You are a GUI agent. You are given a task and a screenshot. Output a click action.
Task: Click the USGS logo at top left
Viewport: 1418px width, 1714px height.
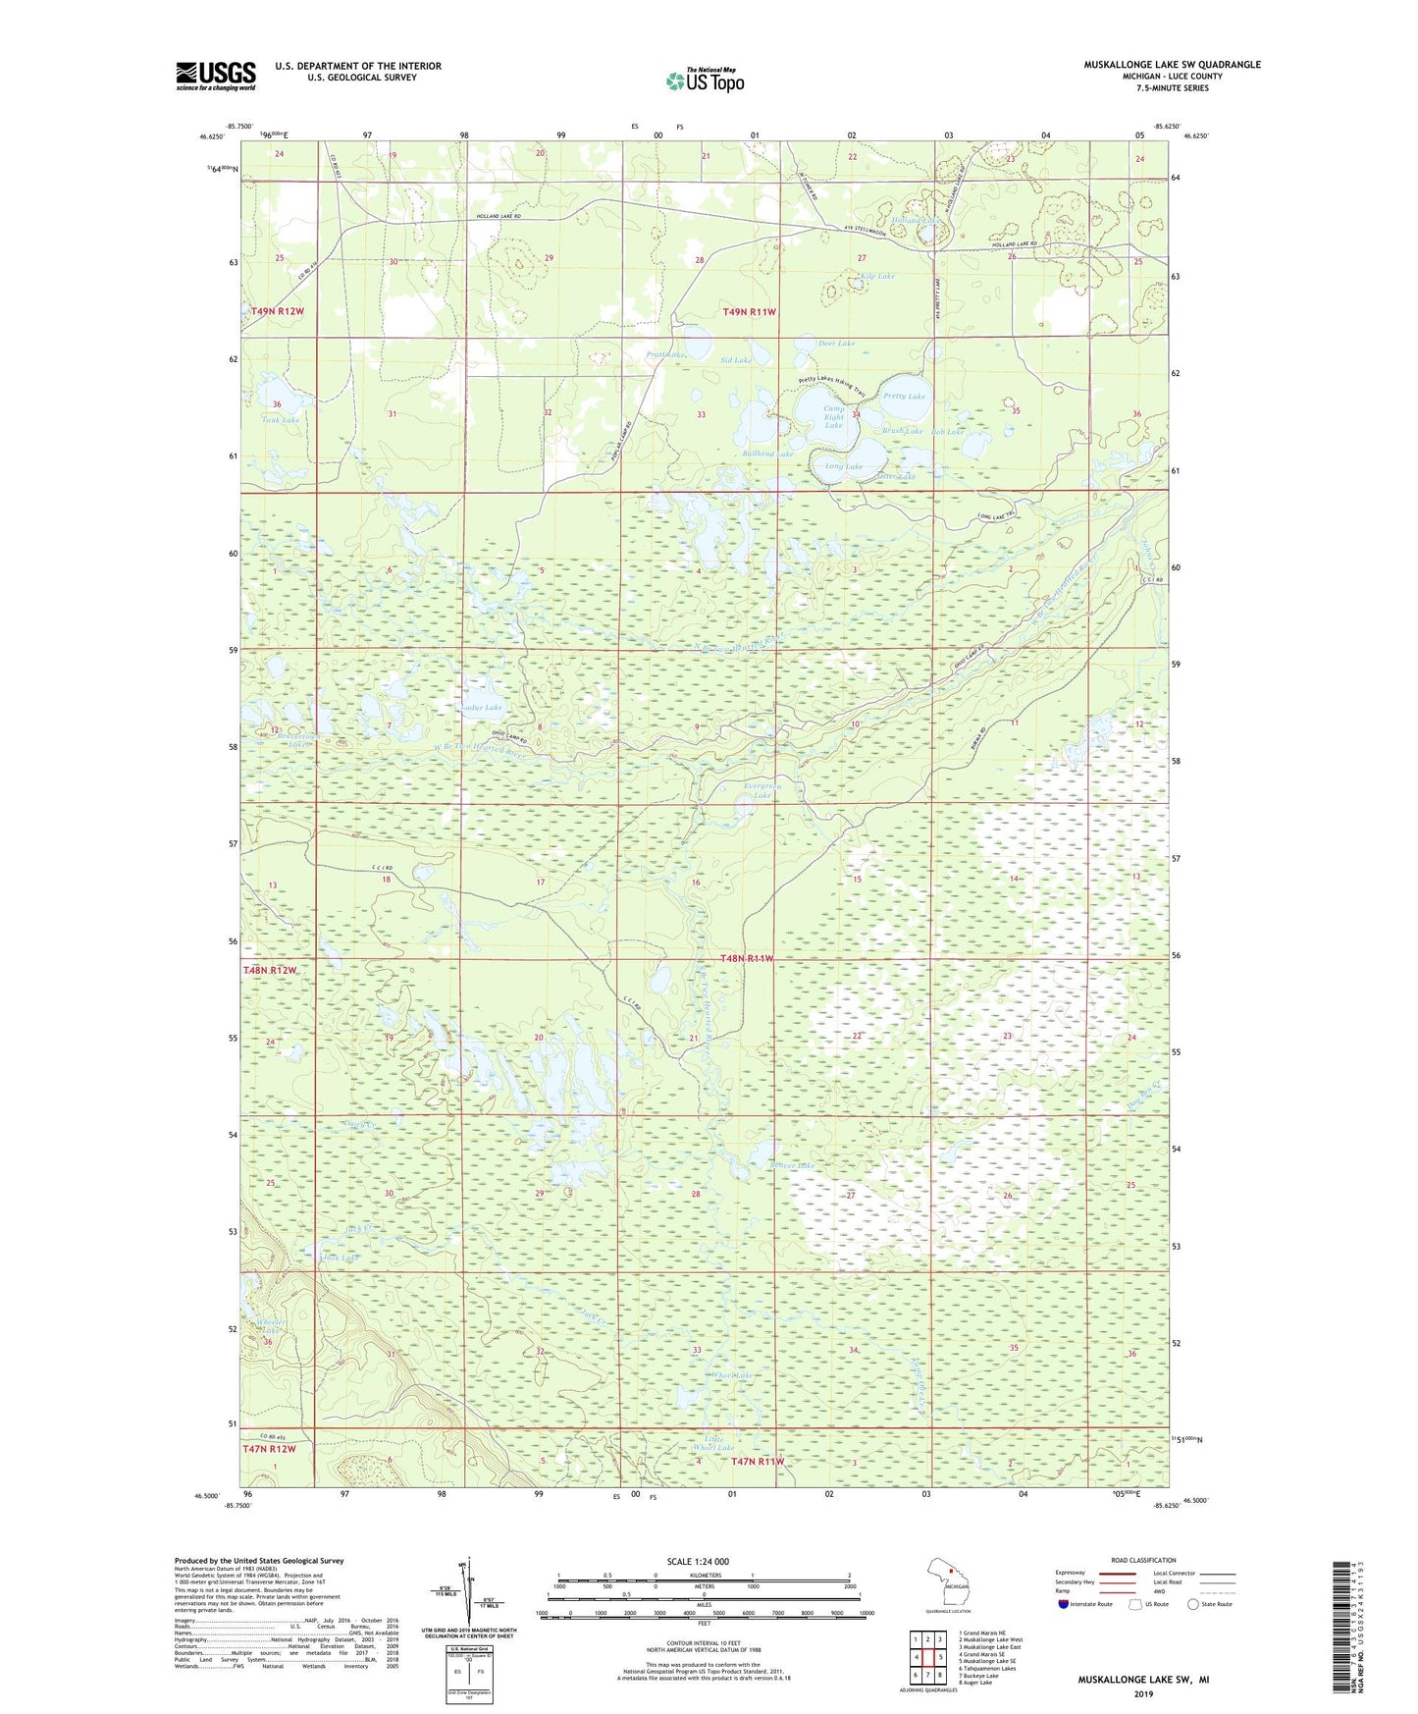pyautogui.click(x=215, y=76)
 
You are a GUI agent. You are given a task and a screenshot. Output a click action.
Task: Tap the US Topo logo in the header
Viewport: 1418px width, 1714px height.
pyautogui.click(x=706, y=80)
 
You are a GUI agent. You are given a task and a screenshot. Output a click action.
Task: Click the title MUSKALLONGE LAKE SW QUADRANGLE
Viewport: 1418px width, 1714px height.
pyautogui.click(x=1172, y=65)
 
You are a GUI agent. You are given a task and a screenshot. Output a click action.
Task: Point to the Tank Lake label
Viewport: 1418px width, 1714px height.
pyautogui.click(x=281, y=420)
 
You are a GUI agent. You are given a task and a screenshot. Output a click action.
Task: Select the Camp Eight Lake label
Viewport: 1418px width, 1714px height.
pyautogui.click(x=833, y=417)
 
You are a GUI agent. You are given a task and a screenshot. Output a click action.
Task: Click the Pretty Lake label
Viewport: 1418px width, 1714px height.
pyautogui.click(x=904, y=397)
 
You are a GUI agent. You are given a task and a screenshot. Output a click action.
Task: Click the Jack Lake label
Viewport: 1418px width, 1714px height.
pyautogui.click(x=341, y=1258)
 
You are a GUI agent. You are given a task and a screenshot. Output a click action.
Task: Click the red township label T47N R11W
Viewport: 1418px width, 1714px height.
pyautogui.click(x=758, y=1462)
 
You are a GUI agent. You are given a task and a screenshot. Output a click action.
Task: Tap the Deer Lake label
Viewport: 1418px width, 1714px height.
pyautogui.click(x=836, y=344)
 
